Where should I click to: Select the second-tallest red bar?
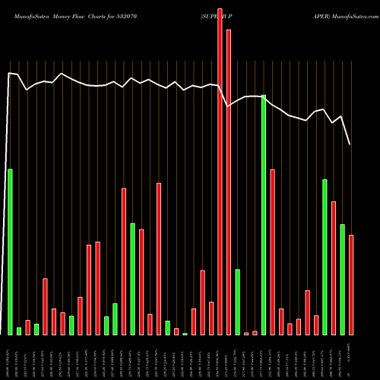coord(229,182)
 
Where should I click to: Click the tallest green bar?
coord(264,215)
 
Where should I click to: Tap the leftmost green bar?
coord(10,252)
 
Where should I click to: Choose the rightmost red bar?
coord(351,285)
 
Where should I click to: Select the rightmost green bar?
coord(342,279)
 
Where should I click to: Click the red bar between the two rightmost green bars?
coord(334,268)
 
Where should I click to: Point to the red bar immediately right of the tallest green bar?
coord(272,252)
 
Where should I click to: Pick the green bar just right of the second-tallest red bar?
coord(237,302)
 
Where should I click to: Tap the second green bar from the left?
coord(19,331)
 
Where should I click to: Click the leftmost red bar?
coord(27,327)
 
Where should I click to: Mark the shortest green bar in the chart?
coord(185,334)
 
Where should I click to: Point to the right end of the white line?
coord(350,144)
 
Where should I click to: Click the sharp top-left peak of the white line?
coord(9,73)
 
